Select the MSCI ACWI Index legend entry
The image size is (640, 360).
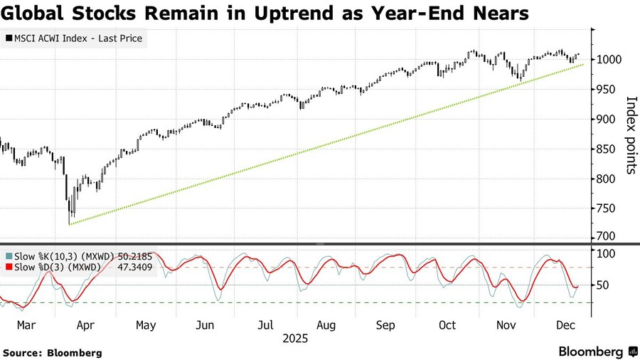tap(74, 38)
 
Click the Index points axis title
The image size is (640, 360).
tap(629, 135)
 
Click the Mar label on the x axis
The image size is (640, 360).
tap(24, 325)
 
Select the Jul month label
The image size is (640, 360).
tap(265, 325)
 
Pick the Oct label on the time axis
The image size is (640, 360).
tap(447, 325)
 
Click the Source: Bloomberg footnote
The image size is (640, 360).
tap(53, 352)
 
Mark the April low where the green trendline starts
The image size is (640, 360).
tap(70, 223)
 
